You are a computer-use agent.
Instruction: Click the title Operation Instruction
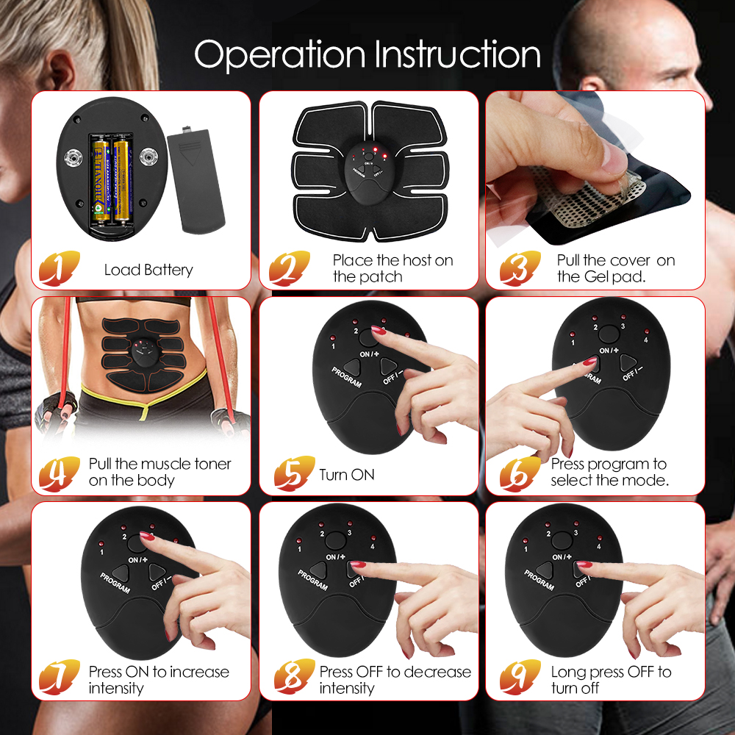click(367, 54)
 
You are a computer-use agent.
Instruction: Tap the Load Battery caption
click(148, 270)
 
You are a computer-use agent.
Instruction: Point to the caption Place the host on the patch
click(392, 268)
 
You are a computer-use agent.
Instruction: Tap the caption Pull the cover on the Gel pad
click(615, 268)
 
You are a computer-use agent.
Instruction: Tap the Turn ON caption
click(347, 475)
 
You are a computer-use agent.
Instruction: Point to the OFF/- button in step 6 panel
click(628, 362)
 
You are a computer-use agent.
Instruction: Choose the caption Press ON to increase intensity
click(158, 680)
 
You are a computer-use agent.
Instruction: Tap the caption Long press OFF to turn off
click(611, 680)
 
